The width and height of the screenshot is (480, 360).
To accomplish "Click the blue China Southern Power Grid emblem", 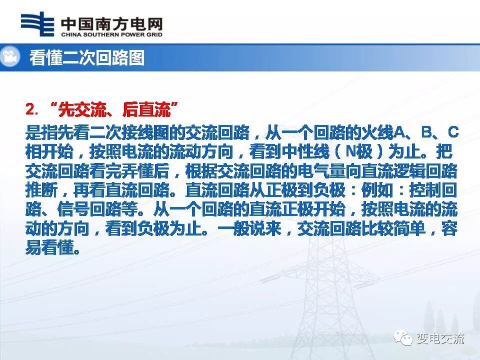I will point(37,24).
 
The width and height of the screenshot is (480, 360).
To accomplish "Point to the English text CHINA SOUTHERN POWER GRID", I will point(111,35).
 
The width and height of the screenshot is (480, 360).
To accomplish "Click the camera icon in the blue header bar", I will point(9,57).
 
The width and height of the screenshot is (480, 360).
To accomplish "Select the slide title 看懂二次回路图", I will point(86,58).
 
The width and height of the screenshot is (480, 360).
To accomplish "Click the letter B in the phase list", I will point(426,132).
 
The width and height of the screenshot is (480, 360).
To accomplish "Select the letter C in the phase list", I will point(452,132).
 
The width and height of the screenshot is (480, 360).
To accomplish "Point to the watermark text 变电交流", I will point(440,338).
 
